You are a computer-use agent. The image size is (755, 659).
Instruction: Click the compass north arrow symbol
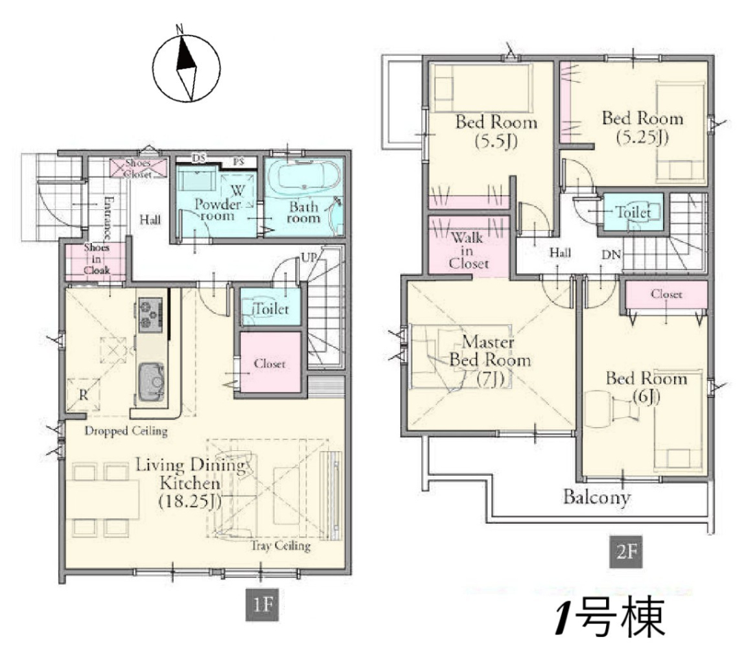click(x=186, y=67)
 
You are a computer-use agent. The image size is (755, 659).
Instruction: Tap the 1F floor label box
click(x=262, y=603)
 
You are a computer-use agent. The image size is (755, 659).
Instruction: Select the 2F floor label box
click(x=626, y=552)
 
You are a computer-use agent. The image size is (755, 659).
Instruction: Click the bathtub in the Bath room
click(x=303, y=177)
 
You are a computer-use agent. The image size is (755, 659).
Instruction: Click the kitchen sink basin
click(x=151, y=382)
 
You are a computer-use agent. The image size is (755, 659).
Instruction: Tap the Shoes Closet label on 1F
click(x=138, y=169)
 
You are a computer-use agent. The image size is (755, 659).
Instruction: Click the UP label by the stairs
click(x=309, y=257)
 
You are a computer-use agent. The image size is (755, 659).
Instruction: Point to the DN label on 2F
click(x=611, y=255)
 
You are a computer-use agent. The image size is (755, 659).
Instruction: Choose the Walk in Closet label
click(x=468, y=251)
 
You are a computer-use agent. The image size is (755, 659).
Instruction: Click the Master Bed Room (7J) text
click(x=489, y=360)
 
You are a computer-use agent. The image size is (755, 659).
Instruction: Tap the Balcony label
click(x=596, y=497)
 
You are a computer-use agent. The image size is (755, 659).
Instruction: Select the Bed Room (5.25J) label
click(x=642, y=128)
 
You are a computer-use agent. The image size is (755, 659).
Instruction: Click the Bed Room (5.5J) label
click(x=496, y=132)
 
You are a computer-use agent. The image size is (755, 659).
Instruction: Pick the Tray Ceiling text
click(x=280, y=546)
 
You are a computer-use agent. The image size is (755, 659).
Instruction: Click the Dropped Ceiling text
click(x=126, y=430)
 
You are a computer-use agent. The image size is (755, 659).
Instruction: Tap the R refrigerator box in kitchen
click(x=83, y=395)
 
